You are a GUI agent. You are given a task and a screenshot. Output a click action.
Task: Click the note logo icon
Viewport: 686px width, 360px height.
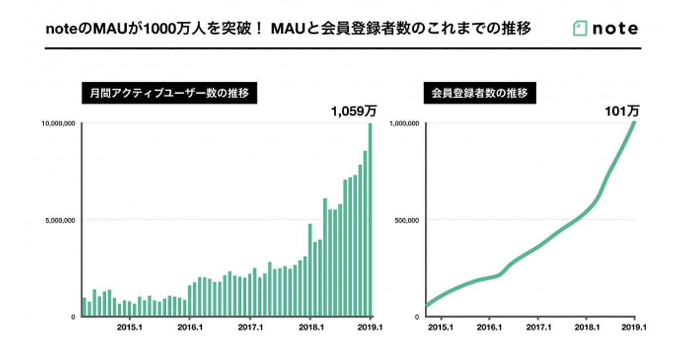point(580,29)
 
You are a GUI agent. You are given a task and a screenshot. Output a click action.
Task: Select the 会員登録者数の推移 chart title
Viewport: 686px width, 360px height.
point(479,93)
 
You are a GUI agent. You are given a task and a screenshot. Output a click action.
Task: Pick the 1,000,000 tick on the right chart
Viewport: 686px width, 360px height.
point(405,123)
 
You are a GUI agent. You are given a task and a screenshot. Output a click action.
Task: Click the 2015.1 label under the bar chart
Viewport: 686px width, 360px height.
point(129,328)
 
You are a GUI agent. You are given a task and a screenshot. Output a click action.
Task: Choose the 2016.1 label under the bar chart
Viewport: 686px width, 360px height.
point(189,328)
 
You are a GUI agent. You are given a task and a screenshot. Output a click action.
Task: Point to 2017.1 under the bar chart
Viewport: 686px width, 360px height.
point(250,328)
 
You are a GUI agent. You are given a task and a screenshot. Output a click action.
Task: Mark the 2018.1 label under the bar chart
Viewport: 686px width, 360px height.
point(310,328)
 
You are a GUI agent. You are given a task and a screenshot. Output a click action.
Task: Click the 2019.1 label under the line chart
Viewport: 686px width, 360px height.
point(635,328)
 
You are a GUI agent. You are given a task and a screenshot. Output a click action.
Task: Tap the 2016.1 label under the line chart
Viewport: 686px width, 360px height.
point(489,328)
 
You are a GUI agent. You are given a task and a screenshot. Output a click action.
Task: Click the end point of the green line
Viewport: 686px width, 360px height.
point(634,122)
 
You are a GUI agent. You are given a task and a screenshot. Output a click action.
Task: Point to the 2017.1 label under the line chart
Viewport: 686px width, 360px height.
point(537,328)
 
